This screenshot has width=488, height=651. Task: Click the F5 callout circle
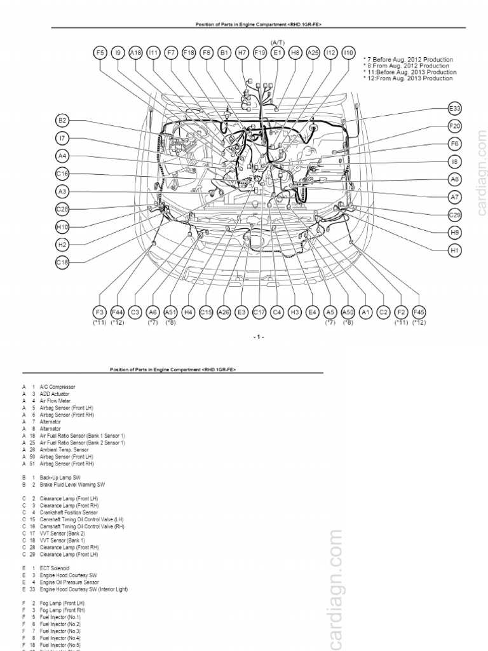point(100,54)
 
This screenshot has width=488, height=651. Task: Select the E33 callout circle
point(454,109)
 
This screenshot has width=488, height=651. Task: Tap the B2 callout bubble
point(62,120)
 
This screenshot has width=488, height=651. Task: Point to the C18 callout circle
point(62,262)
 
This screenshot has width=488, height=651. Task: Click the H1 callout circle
point(454,251)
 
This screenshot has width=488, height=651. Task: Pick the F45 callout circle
point(419,312)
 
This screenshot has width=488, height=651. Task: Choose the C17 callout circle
point(259,312)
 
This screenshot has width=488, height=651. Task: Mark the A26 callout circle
point(224,312)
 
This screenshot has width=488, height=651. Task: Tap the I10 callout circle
point(348,54)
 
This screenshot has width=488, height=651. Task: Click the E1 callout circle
point(277,54)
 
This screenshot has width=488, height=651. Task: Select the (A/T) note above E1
point(277,42)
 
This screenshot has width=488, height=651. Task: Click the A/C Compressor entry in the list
point(57,387)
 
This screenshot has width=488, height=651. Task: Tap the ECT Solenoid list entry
point(54,568)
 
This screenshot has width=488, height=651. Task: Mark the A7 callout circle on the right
point(454,197)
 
